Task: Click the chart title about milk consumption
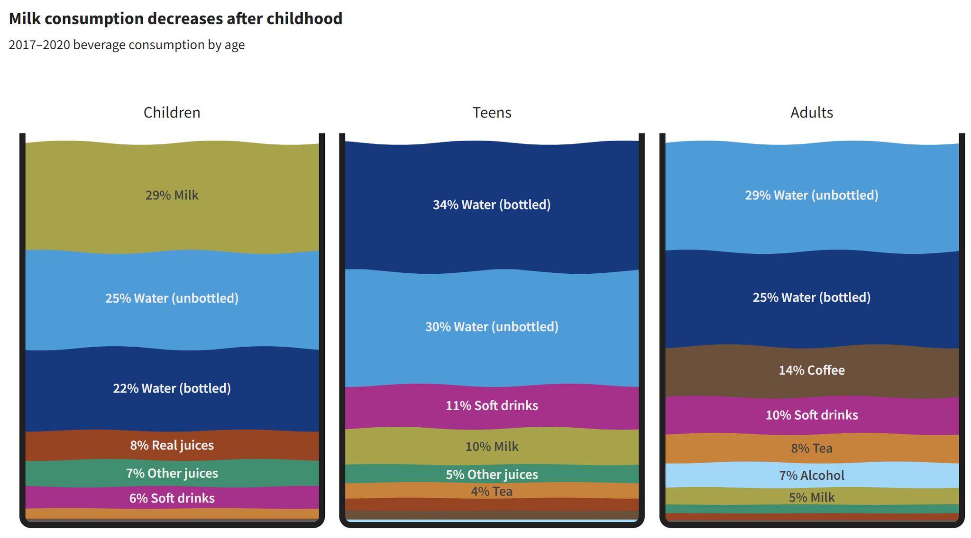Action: [175, 19]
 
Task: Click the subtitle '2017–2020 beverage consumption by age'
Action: [127, 45]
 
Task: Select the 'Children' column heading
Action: [172, 113]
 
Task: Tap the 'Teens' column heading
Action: [492, 113]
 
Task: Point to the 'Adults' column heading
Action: [811, 113]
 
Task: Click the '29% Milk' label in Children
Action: [172, 195]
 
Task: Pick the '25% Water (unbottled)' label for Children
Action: [172, 298]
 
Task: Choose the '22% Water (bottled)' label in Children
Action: [172, 388]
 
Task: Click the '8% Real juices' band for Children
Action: [172, 445]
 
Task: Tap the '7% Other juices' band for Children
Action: [172, 473]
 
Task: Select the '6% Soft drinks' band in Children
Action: [172, 498]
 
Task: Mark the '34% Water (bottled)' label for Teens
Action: [492, 205]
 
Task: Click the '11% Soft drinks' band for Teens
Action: [492, 405]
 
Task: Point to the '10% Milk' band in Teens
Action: [492, 447]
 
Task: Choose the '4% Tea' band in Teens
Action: [492, 491]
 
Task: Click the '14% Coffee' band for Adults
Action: [811, 370]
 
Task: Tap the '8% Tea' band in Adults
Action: [811, 448]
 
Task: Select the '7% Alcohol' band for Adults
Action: [811, 475]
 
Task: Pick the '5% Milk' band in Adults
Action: [811, 497]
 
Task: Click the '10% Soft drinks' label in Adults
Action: [811, 415]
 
